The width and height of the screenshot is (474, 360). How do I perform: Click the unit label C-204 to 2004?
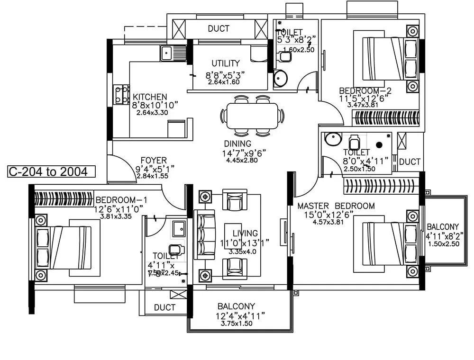[48, 171]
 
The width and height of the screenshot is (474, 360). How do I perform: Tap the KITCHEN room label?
[149, 97]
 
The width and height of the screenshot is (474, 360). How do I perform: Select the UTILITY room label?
[225, 63]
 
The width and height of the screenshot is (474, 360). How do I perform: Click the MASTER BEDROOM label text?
[336, 206]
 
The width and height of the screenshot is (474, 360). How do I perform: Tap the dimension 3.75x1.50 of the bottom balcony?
[236, 324]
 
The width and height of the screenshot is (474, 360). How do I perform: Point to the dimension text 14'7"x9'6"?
[244, 153]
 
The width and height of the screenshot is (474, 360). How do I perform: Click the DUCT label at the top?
[219, 29]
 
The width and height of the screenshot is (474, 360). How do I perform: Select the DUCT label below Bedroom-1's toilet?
[164, 307]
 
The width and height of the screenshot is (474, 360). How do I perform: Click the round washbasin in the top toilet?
[280, 78]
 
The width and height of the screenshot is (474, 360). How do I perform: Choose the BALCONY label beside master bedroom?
[442, 226]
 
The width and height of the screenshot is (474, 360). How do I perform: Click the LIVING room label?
[245, 234]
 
